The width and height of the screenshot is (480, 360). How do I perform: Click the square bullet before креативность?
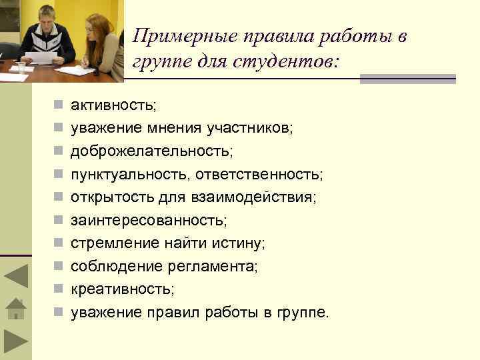click(59, 289)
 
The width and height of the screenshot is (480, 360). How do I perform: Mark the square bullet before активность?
click(59, 105)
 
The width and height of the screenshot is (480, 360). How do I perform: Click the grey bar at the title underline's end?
click(407, 79)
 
